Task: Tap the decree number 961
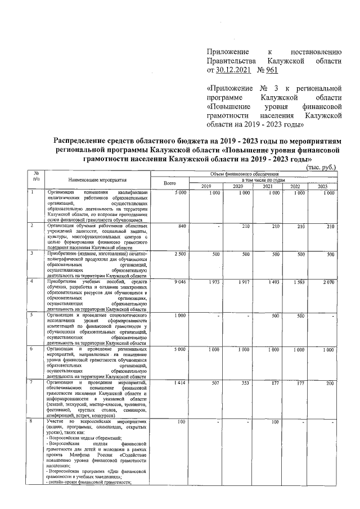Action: (270, 70)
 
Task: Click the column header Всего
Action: (170, 183)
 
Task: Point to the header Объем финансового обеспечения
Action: (245, 175)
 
